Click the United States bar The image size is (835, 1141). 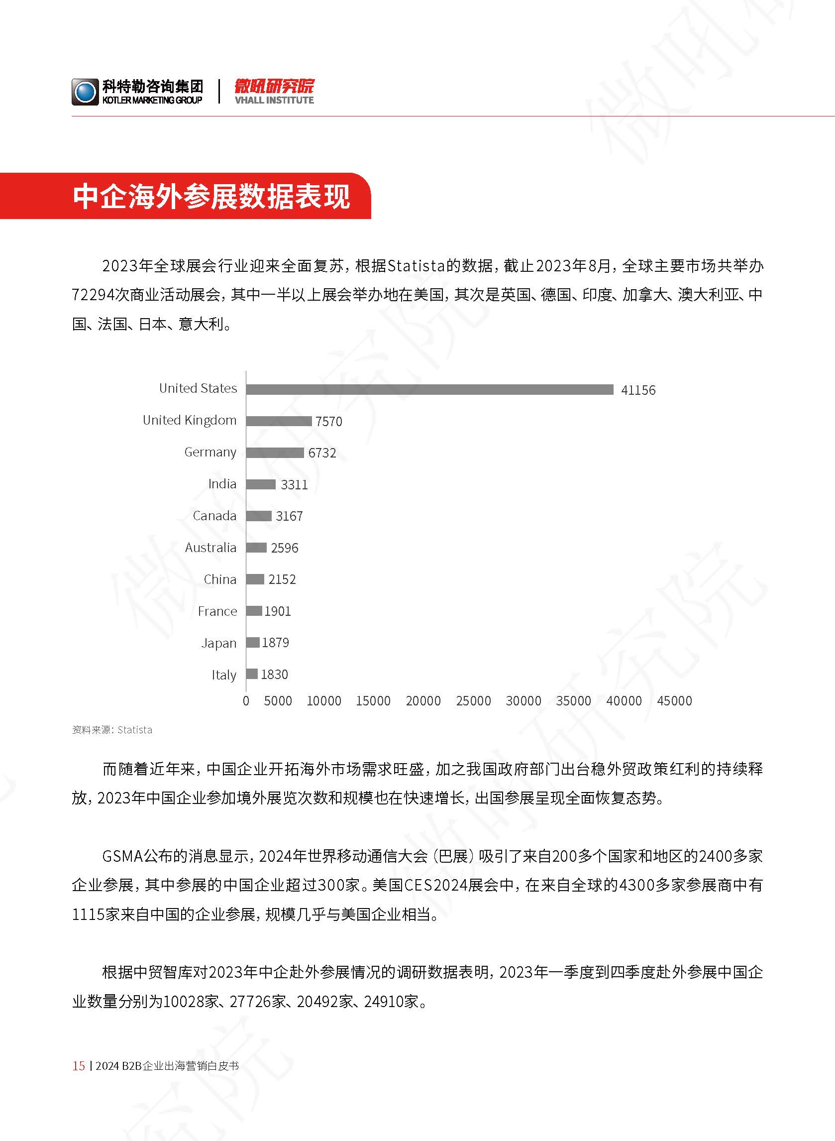click(429, 389)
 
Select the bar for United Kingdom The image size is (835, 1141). click(279, 421)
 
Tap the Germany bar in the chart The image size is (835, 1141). click(275, 453)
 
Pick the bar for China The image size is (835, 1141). click(255, 579)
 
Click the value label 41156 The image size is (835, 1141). click(638, 390)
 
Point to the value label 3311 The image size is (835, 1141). click(294, 485)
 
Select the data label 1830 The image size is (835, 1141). click(275, 675)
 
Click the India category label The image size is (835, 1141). click(222, 484)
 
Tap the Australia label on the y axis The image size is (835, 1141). click(211, 548)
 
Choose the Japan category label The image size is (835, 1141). click(219, 643)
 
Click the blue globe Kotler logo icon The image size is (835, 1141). click(85, 92)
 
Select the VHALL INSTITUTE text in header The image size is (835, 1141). click(275, 100)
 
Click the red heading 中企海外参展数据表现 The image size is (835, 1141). click(211, 196)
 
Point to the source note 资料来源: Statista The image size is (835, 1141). click(112, 729)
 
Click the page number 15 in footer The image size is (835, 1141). click(79, 1066)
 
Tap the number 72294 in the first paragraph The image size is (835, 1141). click(93, 295)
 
